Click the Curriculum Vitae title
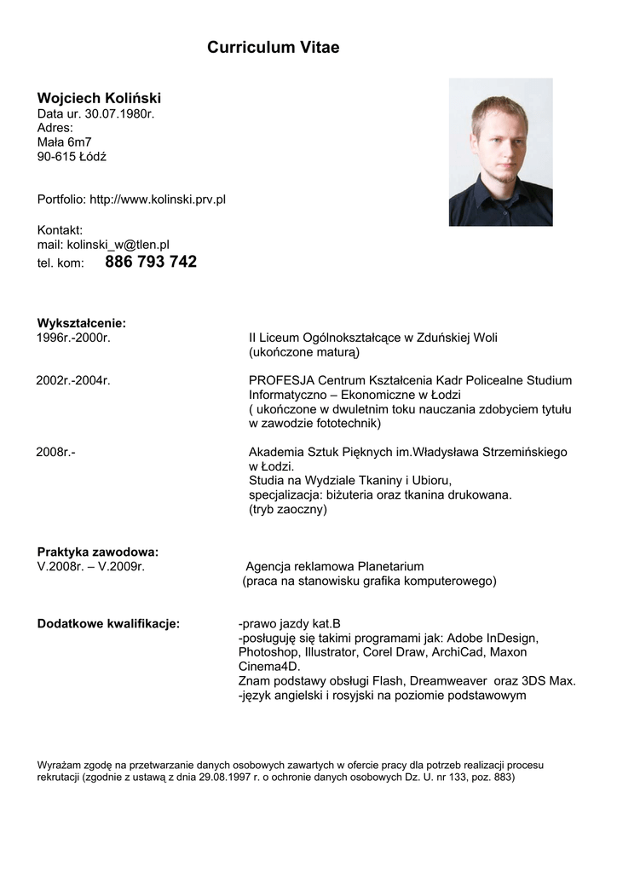tap(273, 48)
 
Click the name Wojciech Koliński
tap(99, 98)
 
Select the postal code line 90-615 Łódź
tap(72, 157)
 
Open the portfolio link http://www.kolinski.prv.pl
tap(158, 199)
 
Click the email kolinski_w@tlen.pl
tap(118, 244)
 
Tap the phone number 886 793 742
tap(151, 262)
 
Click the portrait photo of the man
tap(500, 152)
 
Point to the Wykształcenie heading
tap(81, 323)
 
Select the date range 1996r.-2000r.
tap(74, 338)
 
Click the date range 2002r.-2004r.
tap(73, 380)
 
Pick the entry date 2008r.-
tap(55, 452)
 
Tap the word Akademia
tap(277, 452)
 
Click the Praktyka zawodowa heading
tap(98, 552)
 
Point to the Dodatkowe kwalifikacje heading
tap(108, 623)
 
